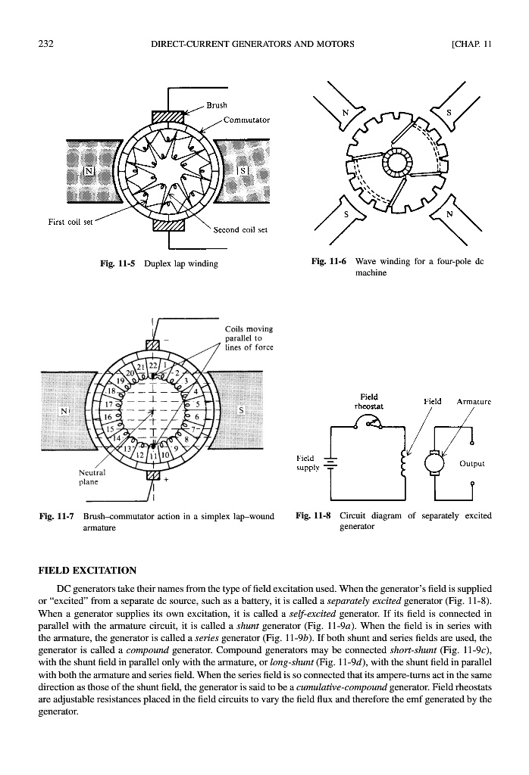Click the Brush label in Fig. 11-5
[x=217, y=105]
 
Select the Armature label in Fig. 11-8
[x=471, y=401]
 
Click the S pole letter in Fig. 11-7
[x=242, y=409]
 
